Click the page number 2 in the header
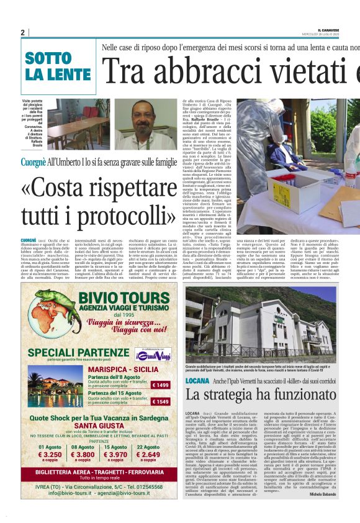[22, 32]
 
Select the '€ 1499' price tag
[161, 385]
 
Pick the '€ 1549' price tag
[161, 402]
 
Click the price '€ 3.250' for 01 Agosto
[50, 455]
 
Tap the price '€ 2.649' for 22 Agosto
[148, 455]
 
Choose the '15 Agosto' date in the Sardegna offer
[115, 447]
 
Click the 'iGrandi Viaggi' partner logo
[154, 354]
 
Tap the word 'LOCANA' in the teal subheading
[197, 380]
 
